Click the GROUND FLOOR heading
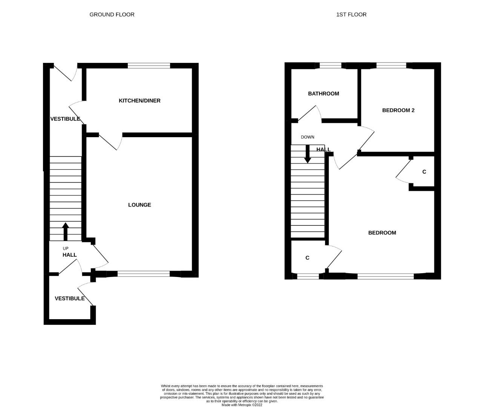tap(112, 15)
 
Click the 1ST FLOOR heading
tap(351, 15)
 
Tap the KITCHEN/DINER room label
tap(139, 101)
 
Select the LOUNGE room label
tap(139, 205)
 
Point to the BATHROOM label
tap(323, 94)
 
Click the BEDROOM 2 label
tap(398, 110)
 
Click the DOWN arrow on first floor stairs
tap(308, 154)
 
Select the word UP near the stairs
tap(66, 248)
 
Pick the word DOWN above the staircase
tap(307, 137)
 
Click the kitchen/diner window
tap(149, 66)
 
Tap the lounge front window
tap(144, 274)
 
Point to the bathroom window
tap(331, 66)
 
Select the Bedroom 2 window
tap(391, 66)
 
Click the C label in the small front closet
tap(307, 258)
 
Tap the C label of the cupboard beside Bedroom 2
tap(424, 172)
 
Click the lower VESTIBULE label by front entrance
tap(70, 298)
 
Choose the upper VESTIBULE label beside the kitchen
tap(65, 119)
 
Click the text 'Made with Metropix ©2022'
tap(242, 405)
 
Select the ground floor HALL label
tap(70, 255)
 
